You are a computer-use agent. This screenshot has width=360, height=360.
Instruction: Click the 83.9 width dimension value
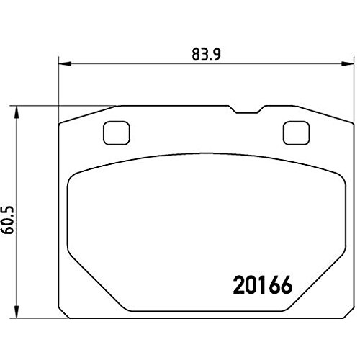pos(206,55)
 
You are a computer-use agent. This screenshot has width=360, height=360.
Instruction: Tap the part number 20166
pos(263,285)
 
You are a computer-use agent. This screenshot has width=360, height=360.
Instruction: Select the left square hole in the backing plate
pos(117,133)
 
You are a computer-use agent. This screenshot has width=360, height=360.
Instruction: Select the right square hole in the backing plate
pos(296,133)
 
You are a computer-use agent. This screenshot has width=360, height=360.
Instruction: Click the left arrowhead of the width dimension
pos(65,63)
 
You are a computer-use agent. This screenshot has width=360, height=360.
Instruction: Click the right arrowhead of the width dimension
pos(348,63)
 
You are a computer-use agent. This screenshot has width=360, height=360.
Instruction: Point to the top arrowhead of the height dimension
pos(17,112)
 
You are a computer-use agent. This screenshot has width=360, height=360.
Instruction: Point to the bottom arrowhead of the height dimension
pos(17,312)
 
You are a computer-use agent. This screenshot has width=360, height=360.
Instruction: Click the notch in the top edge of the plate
pos(247,109)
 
